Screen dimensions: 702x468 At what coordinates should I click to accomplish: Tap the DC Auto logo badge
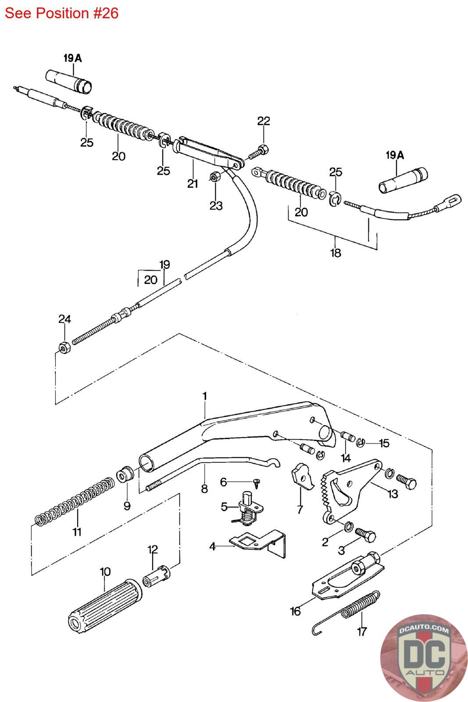pyautogui.click(x=424, y=658)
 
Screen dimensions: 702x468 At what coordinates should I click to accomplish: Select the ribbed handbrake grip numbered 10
pyautogui.click(x=104, y=605)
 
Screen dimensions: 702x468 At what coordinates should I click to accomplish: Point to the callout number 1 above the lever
pyautogui.click(x=204, y=396)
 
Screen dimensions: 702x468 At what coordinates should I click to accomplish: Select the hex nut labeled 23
pyautogui.click(x=215, y=177)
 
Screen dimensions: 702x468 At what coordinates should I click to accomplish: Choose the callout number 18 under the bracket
pyautogui.click(x=336, y=253)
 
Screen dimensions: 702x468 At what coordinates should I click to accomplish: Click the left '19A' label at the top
pyautogui.click(x=72, y=57)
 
